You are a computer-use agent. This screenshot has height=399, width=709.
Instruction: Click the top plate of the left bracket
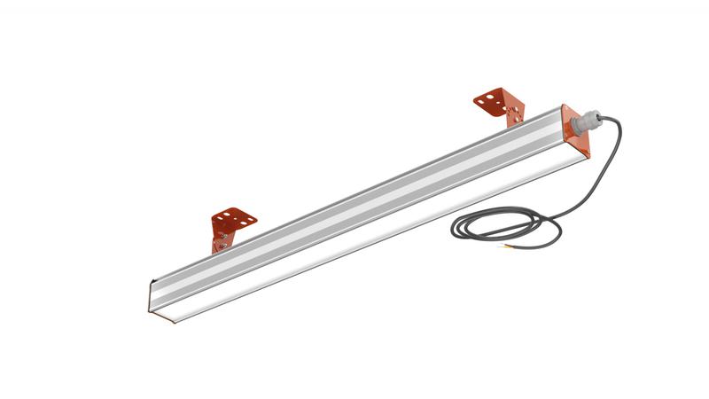tap(234, 216)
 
